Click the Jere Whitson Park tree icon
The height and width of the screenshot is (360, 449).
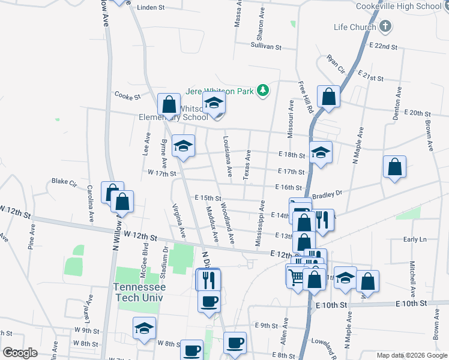point(262,91)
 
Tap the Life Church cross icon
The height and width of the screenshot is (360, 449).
point(385,27)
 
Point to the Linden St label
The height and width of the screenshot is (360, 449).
point(151,8)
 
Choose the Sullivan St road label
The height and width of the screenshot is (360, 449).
point(266,46)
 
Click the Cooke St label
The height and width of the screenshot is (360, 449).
point(127,95)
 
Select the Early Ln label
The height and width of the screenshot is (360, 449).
point(414,239)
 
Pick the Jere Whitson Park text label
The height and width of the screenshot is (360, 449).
point(220,91)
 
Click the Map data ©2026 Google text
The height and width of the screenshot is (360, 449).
point(411,355)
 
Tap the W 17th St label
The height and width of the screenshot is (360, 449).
point(161,173)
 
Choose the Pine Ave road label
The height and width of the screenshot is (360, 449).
point(30,238)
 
